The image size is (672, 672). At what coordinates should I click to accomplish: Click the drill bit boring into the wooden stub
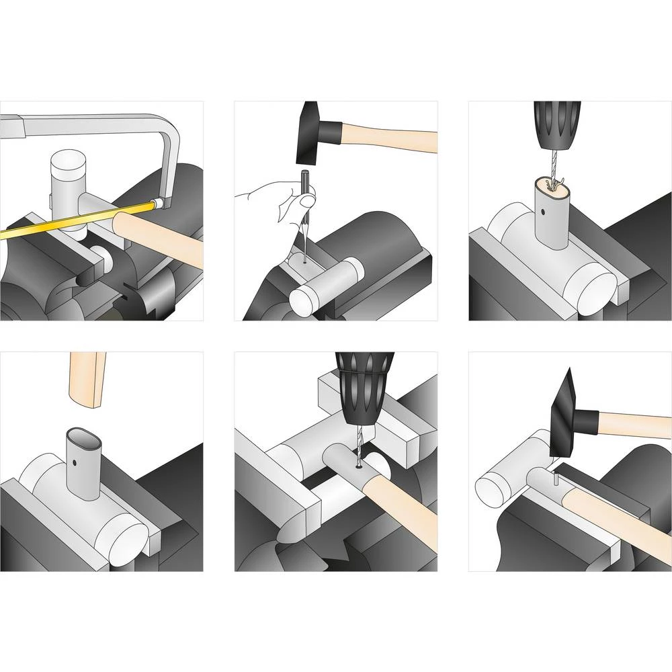coord(552,168)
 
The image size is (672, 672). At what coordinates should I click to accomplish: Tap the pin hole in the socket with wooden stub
coord(542,214)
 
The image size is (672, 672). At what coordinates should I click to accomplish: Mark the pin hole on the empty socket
coord(75,463)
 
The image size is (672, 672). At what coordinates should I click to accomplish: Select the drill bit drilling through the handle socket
coord(358,447)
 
